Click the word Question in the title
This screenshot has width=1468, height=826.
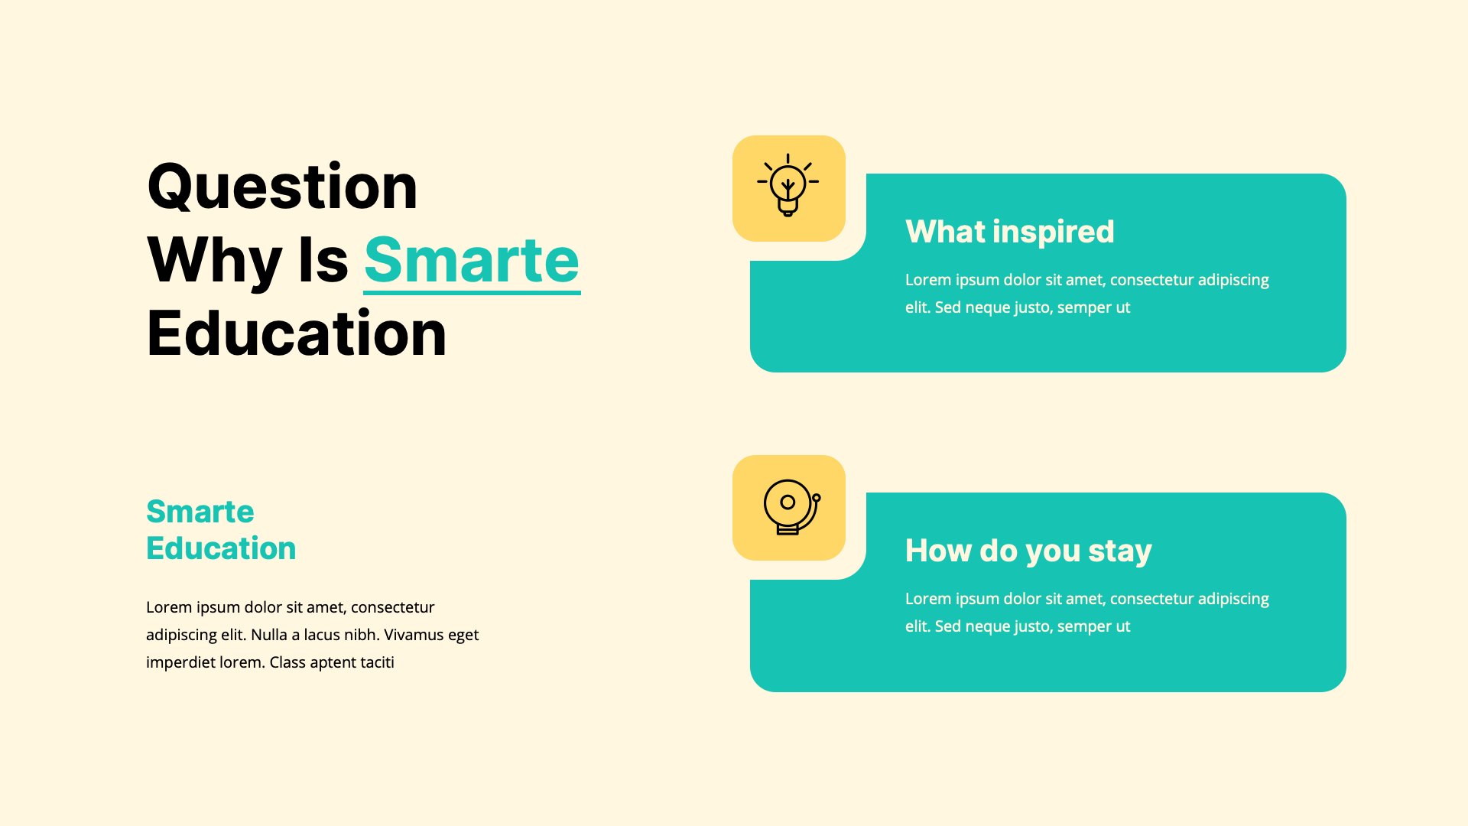[x=282, y=187]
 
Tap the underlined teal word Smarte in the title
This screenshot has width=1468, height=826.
[x=472, y=261]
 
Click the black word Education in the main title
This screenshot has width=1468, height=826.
[x=296, y=334]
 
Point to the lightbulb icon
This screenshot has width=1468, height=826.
[x=788, y=186]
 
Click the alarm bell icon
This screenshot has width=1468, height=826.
[x=788, y=507]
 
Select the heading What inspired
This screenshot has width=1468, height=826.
[x=1009, y=232]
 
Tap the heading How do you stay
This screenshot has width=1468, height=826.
[x=1028, y=551]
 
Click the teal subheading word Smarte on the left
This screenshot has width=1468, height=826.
[x=200, y=512]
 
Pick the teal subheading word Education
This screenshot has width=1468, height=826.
[x=221, y=548]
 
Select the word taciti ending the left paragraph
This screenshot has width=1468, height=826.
[x=377, y=662]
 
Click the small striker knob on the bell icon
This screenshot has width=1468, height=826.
[x=817, y=498]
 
